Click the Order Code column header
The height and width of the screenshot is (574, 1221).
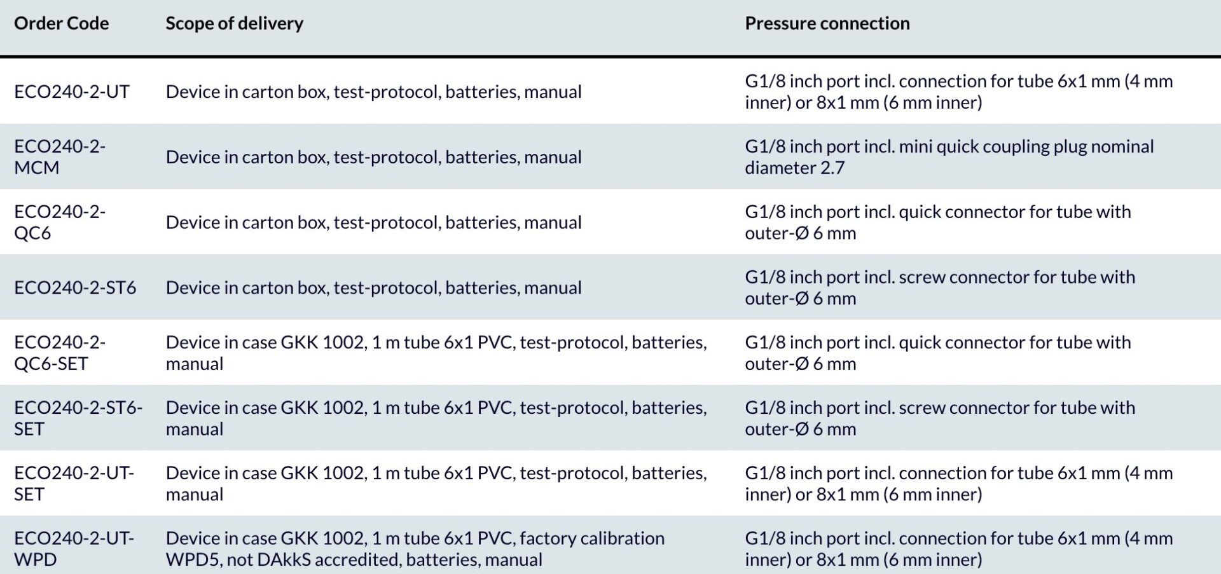(61, 24)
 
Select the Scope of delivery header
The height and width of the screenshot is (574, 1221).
(234, 24)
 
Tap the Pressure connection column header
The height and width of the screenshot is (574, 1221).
(827, 24)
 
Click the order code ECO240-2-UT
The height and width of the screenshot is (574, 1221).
(72, 92)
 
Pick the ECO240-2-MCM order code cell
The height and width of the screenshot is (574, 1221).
(60, 157)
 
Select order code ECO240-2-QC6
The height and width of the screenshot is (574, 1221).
(60, 222)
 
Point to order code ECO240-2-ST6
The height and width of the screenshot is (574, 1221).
(75, 287)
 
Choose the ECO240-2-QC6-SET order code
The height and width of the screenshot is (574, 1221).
(60, 353)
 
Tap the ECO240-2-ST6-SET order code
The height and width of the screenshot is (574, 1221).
(78, 418)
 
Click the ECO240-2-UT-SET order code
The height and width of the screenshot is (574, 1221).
(74, 484)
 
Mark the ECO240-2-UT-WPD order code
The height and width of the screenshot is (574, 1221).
(74, 549)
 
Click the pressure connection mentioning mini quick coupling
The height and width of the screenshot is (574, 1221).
(949, 157)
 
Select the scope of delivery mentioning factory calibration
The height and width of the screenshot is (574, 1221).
(415, 549)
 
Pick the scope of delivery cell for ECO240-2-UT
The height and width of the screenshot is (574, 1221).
(374, 92)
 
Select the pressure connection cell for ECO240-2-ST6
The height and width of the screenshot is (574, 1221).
(940, 287)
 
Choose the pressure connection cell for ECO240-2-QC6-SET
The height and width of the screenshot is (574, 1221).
(938, 353)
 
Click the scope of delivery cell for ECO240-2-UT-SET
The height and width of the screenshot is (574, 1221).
(436, 484)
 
